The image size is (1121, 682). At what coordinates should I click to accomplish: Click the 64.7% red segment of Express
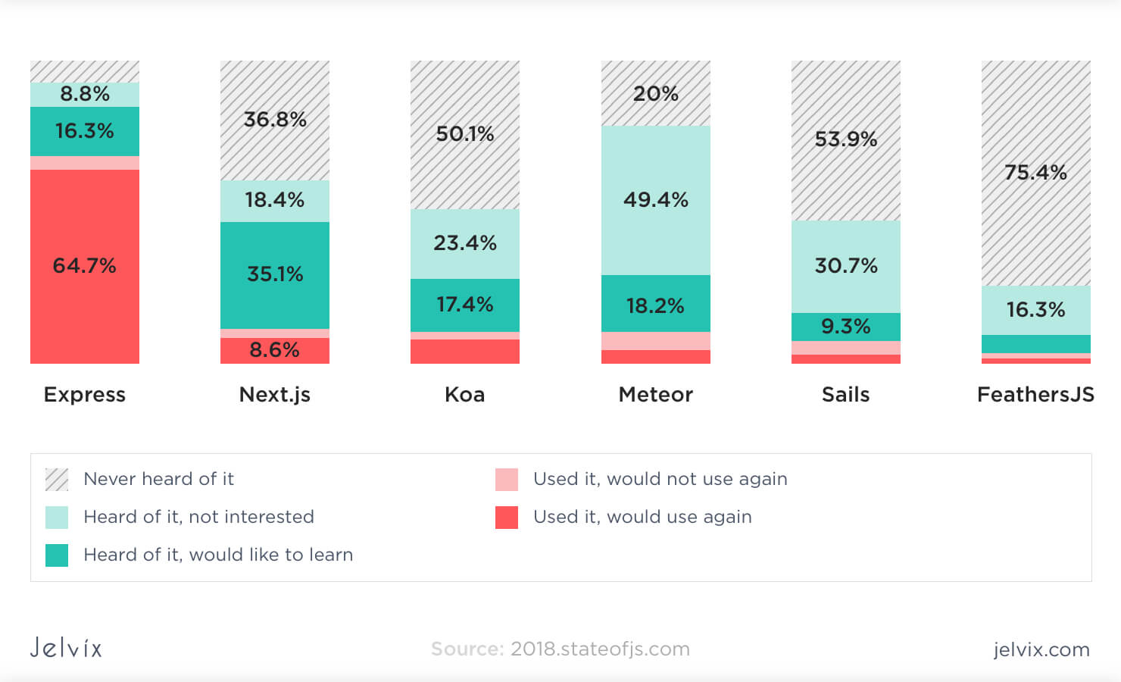click(85, 266)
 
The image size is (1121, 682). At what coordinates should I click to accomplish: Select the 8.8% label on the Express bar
click(85, 94)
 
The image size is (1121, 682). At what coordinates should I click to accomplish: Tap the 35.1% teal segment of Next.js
click(275, 274)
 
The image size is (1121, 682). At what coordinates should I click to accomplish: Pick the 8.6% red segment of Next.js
click(275, 350)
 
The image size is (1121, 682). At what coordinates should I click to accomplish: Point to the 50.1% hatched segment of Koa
click(465, 134)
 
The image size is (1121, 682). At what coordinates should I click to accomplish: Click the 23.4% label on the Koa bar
click(465, 243)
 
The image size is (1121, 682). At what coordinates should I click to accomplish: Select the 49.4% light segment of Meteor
click(656, 200)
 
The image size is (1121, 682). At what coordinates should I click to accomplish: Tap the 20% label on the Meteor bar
click(656, 94)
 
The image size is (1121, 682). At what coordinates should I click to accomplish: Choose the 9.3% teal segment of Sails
click(846, 327)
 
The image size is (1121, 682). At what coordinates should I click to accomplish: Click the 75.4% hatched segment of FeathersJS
click(1035, 173)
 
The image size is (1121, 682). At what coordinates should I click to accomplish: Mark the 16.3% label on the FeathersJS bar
click(1035, 310)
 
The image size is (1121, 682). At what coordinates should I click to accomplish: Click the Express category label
click(85, 395)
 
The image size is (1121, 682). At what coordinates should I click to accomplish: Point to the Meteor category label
click(656, 395)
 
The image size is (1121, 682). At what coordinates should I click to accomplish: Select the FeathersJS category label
click(1035, 395)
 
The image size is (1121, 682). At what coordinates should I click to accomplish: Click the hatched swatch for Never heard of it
click(57, 480)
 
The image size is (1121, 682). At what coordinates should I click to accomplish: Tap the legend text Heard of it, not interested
click(198, 517)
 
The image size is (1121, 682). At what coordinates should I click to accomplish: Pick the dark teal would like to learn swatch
click(57, 555)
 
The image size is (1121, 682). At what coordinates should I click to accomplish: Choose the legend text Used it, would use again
click(642, 517)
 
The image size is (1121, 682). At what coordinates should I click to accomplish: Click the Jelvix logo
click(66, 648)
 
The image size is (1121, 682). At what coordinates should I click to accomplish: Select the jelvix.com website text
click(1041, 649)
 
